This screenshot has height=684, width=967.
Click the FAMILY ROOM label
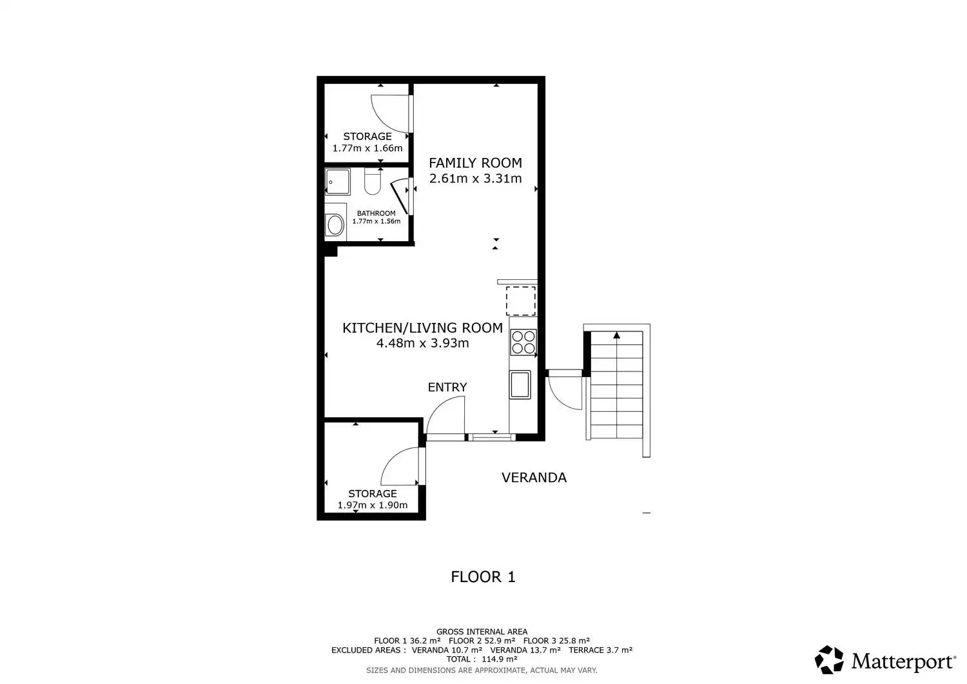pos(475,163)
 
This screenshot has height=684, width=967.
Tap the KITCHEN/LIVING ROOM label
pos(423,328)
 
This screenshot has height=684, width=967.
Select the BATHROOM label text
pos(376,213)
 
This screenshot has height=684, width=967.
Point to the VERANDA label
pos(534,478)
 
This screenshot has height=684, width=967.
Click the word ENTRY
pos(447,387)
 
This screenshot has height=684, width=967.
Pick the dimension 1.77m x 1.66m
pos(367,148)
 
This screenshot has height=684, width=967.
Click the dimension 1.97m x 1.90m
pos(373,505)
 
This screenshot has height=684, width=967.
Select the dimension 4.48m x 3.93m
pos(423,344)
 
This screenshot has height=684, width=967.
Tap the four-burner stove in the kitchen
pos(523,342)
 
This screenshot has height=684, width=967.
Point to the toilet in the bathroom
pos(372,181)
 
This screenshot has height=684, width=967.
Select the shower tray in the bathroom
pos(338,182)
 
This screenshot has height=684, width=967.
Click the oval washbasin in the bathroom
pos(335,225)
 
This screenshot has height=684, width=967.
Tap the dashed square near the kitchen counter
pos(521,301)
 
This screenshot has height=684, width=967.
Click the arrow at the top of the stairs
pos(617,335)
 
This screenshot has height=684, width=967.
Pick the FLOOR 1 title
pos(483,577)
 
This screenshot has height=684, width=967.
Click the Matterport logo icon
pos(829,660)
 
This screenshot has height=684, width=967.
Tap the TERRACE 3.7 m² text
pos(600,650)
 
